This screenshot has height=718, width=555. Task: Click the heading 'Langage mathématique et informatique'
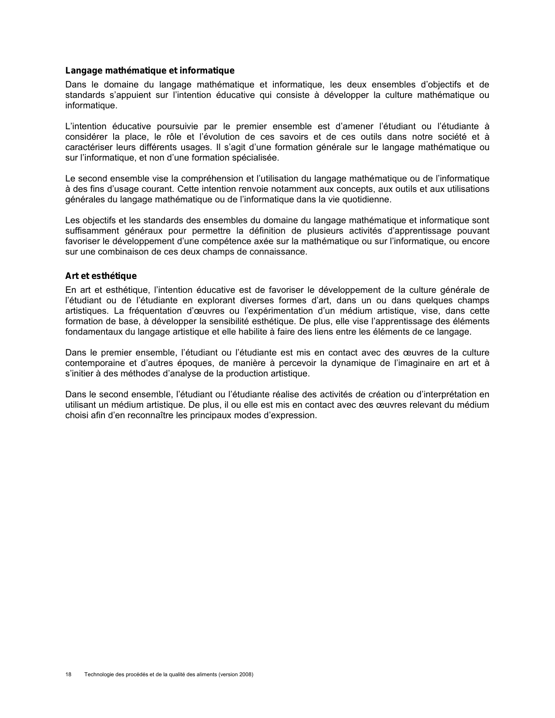tap(150, 70)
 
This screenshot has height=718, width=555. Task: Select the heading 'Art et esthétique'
tap(101, 276)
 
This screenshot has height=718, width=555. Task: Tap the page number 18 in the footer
tap(68, 674)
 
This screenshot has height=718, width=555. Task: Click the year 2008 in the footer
tap(246, 674)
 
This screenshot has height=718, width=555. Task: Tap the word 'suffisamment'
tap(90, 231)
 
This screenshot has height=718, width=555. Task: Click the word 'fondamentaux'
tap(91, 332)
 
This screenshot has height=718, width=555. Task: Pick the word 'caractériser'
tap(88, 147)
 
